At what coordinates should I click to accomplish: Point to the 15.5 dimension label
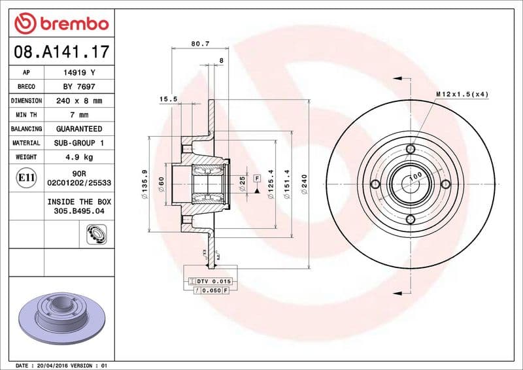click(x=169, y=99)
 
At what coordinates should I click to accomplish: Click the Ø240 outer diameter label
click(x=303, y=184)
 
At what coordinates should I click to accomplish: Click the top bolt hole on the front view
click(x=411, y=149)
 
